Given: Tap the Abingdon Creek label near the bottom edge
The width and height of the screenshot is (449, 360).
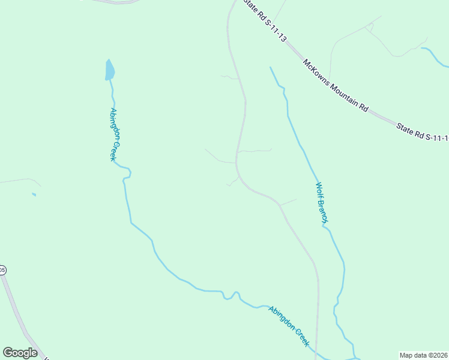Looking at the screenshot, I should [289, 326].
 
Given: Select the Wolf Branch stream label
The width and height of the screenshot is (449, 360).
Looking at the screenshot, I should [322, 203].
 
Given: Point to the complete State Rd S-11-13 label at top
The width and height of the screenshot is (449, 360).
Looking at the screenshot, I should [265, 20].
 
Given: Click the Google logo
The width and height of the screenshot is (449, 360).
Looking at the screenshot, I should [20, 353].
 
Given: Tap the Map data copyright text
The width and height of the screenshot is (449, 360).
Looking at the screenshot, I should [423, 355].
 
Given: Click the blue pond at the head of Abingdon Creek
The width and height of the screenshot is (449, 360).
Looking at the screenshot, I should [109, 70].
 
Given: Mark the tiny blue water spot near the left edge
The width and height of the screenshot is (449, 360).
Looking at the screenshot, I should [34, 194].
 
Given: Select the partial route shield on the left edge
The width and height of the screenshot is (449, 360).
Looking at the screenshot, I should [2, 271].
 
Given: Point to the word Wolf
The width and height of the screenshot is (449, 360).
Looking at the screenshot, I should [319, 191].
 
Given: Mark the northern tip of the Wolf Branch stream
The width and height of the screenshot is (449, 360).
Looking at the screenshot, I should [271, 68].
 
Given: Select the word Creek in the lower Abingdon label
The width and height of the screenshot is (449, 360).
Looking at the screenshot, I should [300, 336].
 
